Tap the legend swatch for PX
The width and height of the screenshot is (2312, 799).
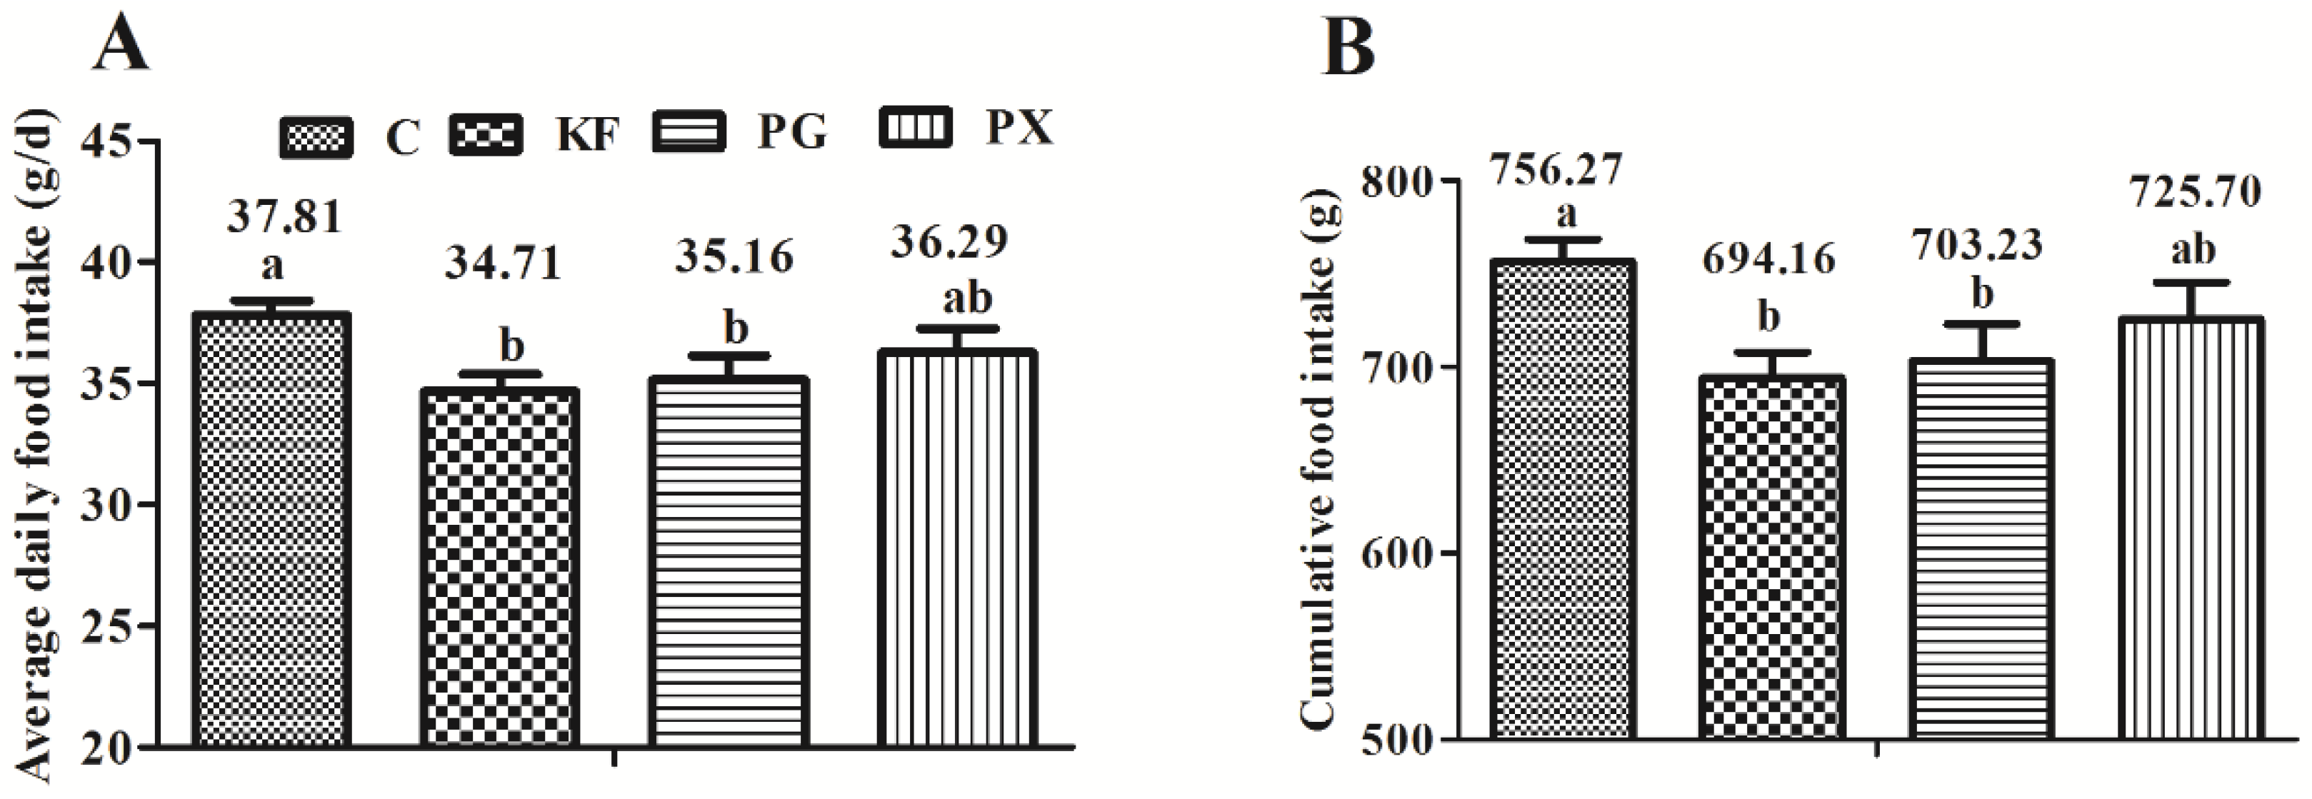pos(916,128)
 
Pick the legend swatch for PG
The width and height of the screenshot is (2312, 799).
pos(689,133)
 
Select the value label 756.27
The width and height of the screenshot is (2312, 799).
pos(1556,170)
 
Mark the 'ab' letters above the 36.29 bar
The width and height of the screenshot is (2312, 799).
pos(966,297)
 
